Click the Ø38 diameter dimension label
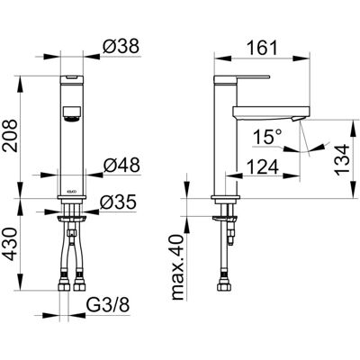[121, 47]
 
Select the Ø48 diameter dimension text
[121, 166]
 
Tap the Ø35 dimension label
[118, 202]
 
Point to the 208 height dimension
[10, 136]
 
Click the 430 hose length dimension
[10, 245]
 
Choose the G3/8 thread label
[108, 306]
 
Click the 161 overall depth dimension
[262, 48]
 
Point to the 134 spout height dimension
[342, 160]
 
